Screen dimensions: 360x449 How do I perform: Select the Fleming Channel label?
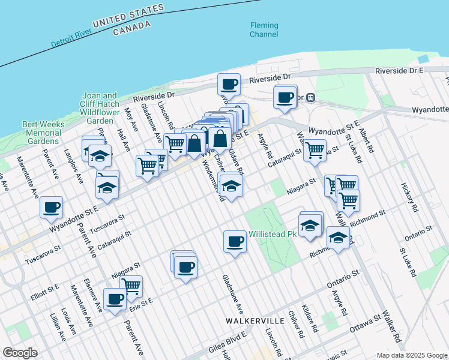pos(264,30)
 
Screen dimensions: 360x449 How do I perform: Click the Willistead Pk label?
pos(273,233)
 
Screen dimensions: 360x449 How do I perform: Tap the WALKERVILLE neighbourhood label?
pos(251,321)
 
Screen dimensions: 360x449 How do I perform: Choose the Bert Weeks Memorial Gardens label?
pos(41,133)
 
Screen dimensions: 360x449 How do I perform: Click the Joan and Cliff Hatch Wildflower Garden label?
pos(100,107)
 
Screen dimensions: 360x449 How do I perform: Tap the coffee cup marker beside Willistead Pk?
pos(235,242)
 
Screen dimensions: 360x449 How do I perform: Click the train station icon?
pos(310,97)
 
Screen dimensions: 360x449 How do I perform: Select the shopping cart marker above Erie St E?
pos(131,286)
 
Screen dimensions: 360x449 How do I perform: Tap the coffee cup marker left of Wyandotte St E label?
pos(52,207)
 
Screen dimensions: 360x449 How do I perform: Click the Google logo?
pos(20,352)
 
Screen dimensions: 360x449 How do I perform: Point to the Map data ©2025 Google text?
pos(411,355)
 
